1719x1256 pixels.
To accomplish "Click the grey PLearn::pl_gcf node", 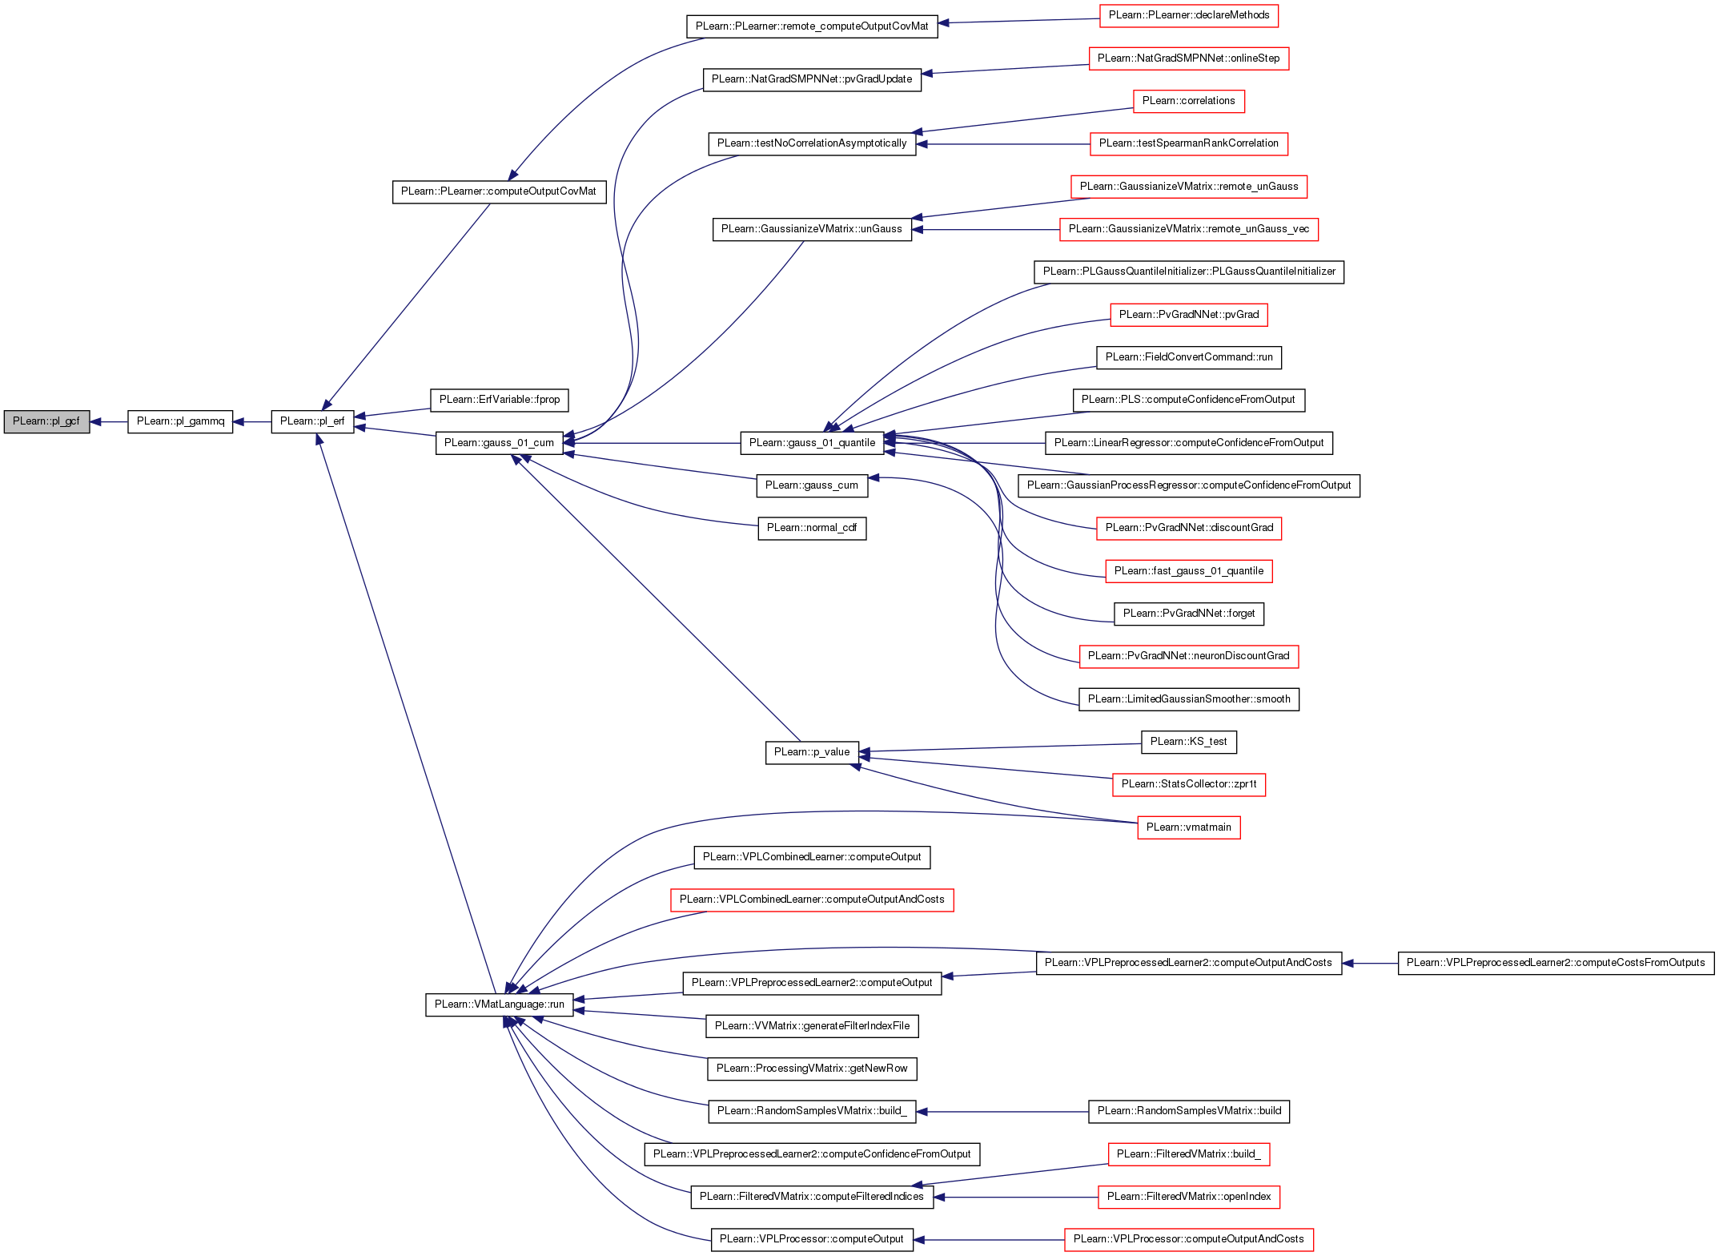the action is (46, 421).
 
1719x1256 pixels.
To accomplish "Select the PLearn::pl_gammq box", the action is (180, 421).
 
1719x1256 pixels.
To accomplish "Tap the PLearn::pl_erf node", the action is (312, 421).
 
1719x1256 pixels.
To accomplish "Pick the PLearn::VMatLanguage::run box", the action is (500, 1004).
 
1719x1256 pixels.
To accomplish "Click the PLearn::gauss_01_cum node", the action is (500, 443).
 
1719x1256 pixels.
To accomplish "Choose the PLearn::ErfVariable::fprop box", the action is (500, 400).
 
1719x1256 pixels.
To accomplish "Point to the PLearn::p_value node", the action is (812, 752).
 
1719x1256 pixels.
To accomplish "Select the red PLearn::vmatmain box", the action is (1189, 827).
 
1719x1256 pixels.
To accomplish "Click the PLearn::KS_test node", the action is (1189, 742).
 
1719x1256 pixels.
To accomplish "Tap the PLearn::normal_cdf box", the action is (812, 528).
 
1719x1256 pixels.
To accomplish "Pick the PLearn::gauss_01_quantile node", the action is (812, 443).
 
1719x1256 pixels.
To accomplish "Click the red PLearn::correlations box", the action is (1189, 101).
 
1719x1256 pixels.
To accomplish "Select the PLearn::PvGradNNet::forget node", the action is (1189, 614).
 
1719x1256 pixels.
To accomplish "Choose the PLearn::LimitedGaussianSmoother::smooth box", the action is (1189, 699).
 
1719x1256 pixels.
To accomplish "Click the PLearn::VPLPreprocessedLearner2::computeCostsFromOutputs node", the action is (1556, 963).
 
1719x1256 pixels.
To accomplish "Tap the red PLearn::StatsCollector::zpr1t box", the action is (1189, 784).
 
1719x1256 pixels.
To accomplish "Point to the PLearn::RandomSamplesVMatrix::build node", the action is (1189, 1111).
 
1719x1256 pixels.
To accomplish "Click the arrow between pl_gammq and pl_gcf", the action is (109, 421).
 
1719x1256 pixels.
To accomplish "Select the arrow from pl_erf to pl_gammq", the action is (252, 421).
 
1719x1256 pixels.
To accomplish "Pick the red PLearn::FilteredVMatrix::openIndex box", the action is (1189, 1197).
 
